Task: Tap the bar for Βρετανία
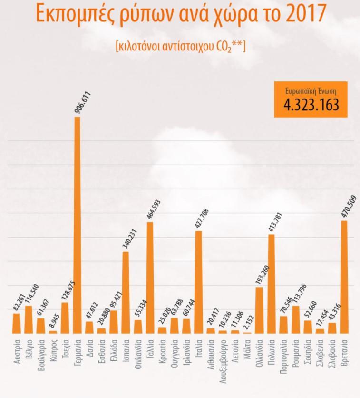(344, 277)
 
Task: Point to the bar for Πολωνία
(272, 284)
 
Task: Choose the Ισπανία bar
(126, 292)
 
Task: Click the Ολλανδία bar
(259, 310)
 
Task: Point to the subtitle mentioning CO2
(180, 47)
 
